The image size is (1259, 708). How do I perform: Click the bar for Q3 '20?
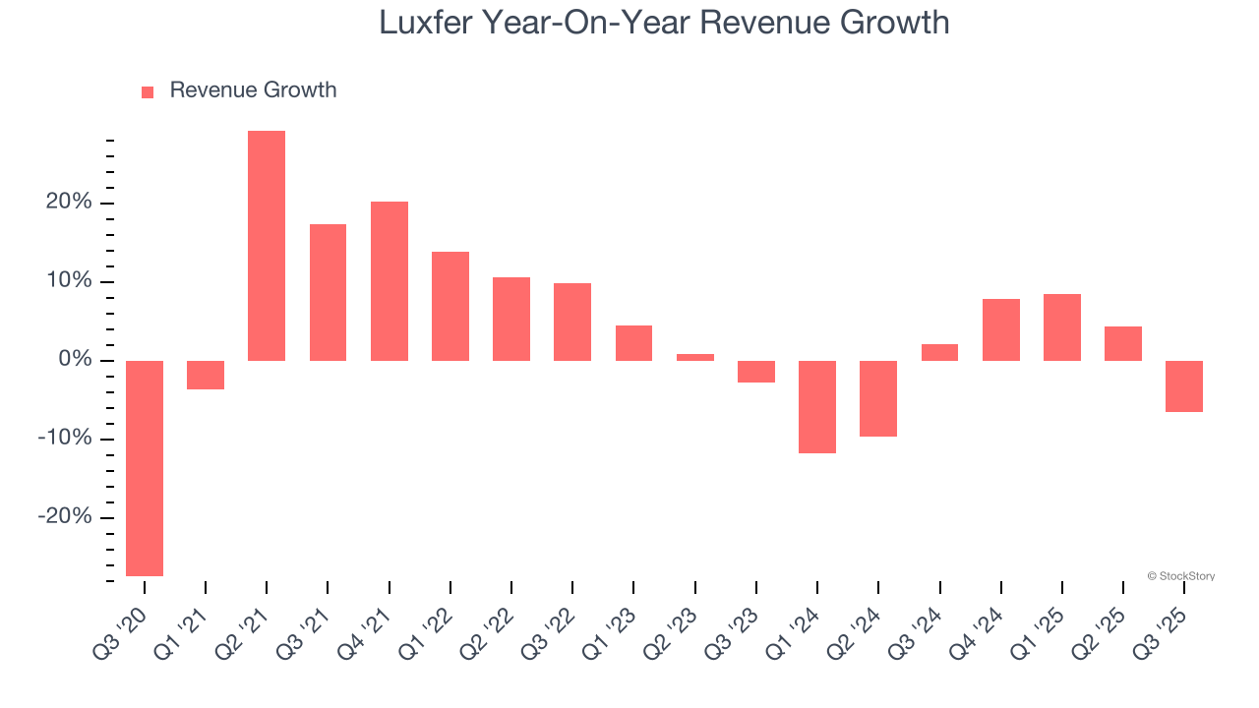pos(145,468)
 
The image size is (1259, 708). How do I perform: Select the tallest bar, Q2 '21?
pos(267,246)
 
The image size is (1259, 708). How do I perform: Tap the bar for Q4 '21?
pos(390,281)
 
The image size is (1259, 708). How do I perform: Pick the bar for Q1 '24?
pos(817,407)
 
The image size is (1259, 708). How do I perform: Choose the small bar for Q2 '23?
pos(695,357)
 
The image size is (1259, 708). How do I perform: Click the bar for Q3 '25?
pos(1184,386)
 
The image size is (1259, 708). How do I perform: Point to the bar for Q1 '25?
pos(1062,327)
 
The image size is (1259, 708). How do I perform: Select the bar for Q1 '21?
pos(206,375)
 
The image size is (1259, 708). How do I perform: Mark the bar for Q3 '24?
pos(939,352)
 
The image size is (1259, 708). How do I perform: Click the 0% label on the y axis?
pos(75,360)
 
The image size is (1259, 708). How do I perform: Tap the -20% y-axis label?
pos(65,517)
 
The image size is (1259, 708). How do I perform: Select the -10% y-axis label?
pos(65,439)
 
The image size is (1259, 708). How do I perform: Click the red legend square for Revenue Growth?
pos(148,91)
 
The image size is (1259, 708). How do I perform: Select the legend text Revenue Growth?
pos(253,90)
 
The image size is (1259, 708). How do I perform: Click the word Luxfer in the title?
pos(425,23)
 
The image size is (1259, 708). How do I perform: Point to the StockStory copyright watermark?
pos(1180,576)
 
